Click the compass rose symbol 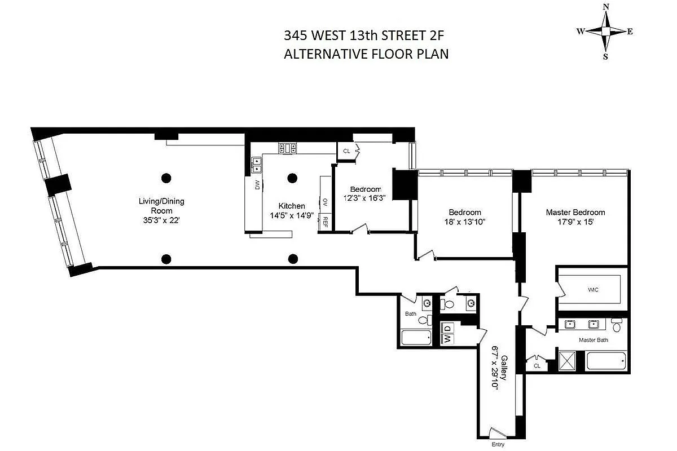click(605, 32)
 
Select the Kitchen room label click(292, 206)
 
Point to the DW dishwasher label click(257, 184)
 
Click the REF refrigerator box click(325, 222)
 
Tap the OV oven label click(325, 201)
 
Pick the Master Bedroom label click(575, 213)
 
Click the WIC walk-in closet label click(593, 290)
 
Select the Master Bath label click(593, 341)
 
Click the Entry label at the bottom click(498, 445)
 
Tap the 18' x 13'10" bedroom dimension click(464, 222)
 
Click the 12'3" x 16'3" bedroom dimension click(365, 198)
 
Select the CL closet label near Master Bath click(537, 365)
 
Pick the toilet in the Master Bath click(617, 325)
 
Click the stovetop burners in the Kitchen click(287, 148)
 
